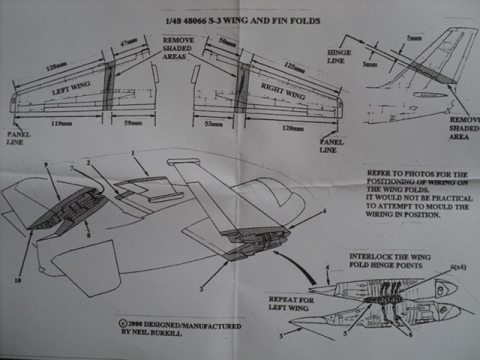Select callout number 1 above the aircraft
click(133, 153)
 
